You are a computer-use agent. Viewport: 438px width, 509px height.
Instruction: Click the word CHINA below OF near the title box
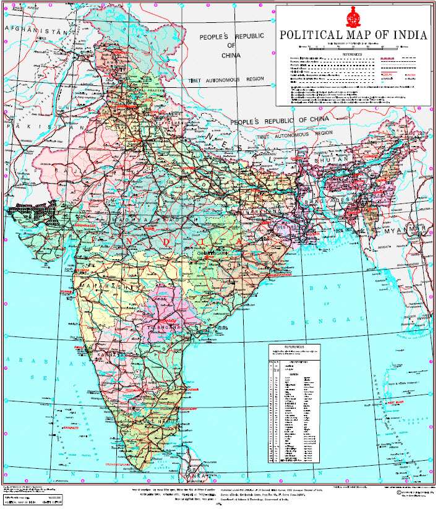click(x=231, y=56)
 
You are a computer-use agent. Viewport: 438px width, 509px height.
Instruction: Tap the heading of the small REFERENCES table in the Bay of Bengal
click(x=294, y=348)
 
